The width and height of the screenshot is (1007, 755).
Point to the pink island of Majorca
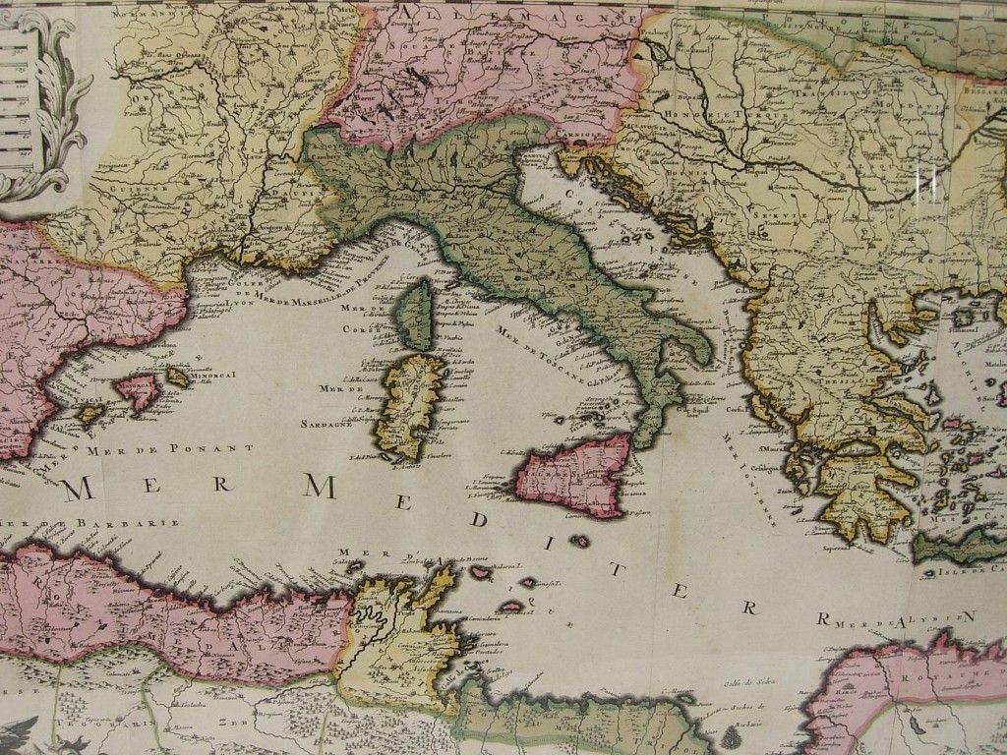(138, 391)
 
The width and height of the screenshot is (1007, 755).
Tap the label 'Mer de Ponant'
(162, 448)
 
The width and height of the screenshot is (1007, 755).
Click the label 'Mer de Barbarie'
(93, 522)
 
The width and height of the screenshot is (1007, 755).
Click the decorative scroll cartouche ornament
(49, 98)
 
